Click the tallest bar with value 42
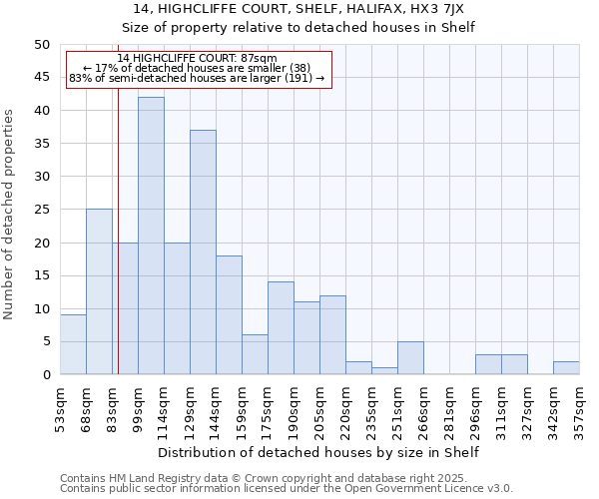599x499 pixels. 151,236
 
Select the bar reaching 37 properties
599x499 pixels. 203,251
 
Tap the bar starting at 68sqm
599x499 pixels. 99,291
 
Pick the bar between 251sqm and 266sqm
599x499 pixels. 410,357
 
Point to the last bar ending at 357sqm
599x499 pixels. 566,367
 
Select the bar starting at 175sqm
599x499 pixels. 281,328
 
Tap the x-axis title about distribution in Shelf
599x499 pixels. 318,452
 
